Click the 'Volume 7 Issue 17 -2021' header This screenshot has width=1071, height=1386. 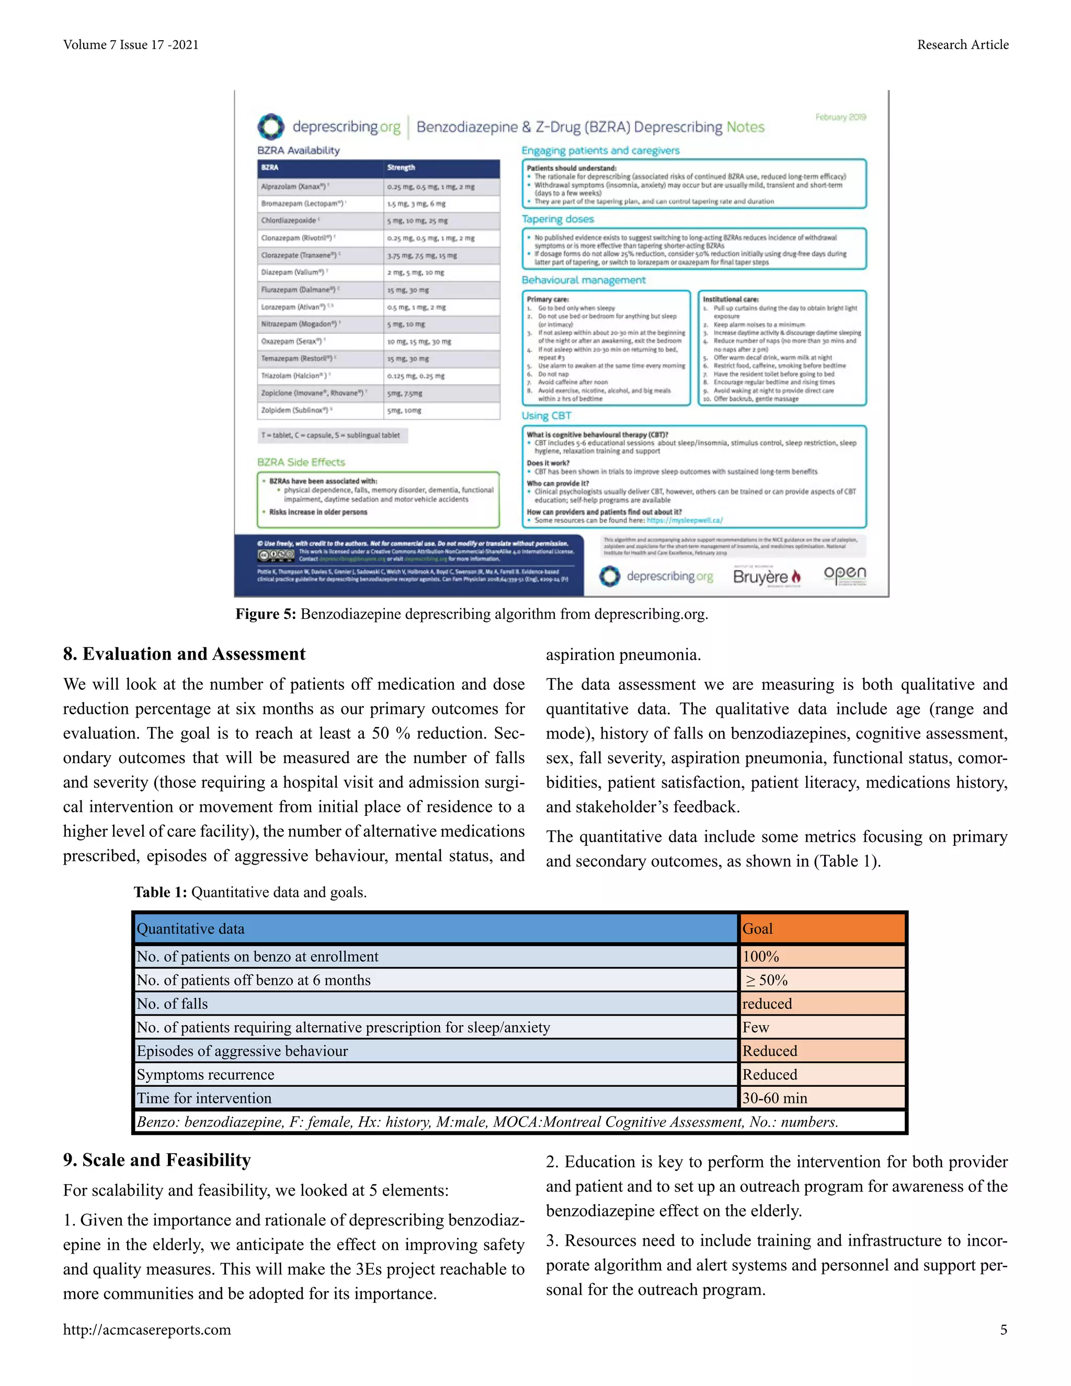131,44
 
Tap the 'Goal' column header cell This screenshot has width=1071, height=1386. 822,928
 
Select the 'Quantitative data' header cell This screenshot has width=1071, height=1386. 435,928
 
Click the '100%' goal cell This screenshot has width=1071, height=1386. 822,957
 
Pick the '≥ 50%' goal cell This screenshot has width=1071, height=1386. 822,980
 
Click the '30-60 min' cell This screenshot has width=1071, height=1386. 822,1098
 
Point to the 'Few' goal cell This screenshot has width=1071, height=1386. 822,1027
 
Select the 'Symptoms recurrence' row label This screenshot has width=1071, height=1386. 435,1074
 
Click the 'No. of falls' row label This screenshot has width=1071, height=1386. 435,1003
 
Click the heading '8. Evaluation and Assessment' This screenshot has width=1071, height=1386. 184,654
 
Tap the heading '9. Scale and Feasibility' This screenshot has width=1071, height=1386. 157,1160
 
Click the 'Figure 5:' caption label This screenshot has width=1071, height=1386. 266,614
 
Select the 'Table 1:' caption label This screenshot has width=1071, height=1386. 160,892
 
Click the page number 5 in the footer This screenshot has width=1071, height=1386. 1003,1330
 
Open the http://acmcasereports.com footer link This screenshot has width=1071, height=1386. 146,1330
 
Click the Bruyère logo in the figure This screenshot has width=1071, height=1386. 767,576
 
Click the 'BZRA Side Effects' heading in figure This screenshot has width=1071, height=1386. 301,462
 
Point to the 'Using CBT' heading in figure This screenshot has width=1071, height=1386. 546,416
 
